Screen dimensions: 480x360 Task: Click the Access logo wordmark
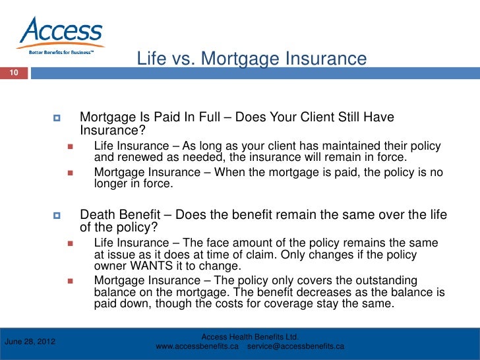61,30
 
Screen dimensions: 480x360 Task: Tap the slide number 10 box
14,73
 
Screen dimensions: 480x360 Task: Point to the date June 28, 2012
30,342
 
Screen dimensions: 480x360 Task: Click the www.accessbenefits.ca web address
197,346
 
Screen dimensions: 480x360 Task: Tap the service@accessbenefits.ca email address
295,346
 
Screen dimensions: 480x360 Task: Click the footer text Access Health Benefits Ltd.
250,337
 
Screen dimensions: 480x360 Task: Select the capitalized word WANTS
152,266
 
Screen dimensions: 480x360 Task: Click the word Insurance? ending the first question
112,131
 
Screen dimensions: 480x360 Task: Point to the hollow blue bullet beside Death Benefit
57,216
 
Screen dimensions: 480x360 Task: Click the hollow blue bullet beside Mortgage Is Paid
57,118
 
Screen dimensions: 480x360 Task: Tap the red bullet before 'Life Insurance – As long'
71,146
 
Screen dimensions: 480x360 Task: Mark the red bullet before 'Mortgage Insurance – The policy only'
71,281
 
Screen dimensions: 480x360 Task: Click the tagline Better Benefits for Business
61,52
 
